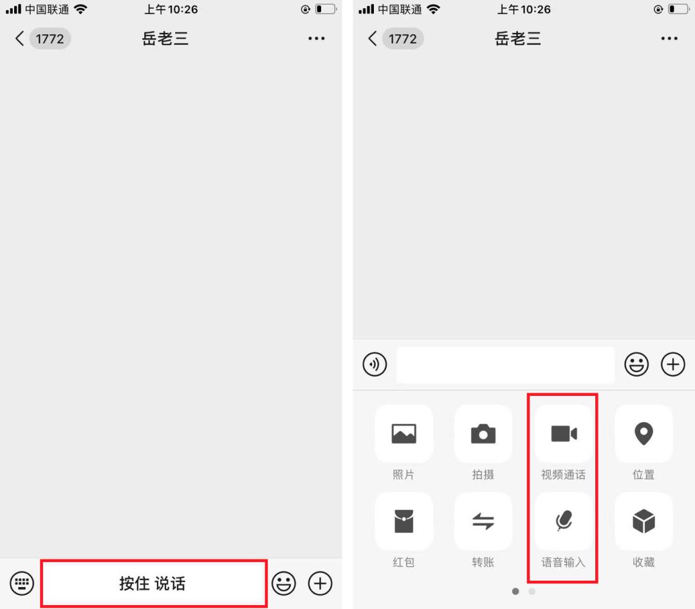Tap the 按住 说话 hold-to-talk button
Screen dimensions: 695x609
(153, 583)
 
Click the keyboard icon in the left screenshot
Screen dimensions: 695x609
(22, 583)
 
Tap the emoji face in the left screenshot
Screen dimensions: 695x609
(284, 583)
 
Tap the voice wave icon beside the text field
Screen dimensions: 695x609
(375, 364)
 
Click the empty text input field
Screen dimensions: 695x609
(505, 364)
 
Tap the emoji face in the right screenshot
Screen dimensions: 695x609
(636, 364)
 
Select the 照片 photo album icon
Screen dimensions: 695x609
(403, 433)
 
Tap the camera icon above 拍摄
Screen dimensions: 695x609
(483, 433)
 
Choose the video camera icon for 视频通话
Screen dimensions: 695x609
(563, 433)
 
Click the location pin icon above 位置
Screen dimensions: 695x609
(644, 433)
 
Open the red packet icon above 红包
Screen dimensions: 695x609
(403, 521)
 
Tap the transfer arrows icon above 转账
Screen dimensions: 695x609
(483, 521)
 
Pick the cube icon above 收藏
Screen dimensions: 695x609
(644, 521)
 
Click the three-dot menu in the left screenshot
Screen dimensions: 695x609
(317, 39)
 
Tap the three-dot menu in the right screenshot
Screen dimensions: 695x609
(669, 39)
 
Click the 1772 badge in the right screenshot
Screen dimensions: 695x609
(402, 39)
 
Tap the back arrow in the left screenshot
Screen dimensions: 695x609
(19, 39)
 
